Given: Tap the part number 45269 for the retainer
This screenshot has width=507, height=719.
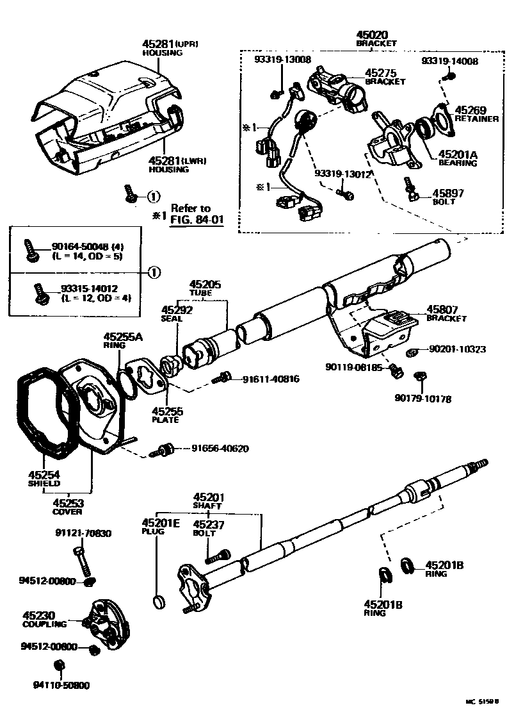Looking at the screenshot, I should (x=471, y=110).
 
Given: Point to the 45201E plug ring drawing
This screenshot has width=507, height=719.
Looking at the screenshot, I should (x=159, y=600).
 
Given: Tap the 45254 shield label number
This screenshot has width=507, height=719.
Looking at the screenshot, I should (x=44, y=475).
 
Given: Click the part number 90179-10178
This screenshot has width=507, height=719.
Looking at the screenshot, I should (x=422, y=399).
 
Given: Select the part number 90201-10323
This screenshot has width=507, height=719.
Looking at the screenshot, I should (x=457, y=349).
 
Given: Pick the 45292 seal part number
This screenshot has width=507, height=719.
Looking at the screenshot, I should (x=177, y=309).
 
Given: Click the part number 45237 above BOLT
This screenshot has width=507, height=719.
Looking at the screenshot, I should (x=209, y=524).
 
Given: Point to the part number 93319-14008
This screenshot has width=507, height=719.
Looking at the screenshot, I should (x=449, y=61).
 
